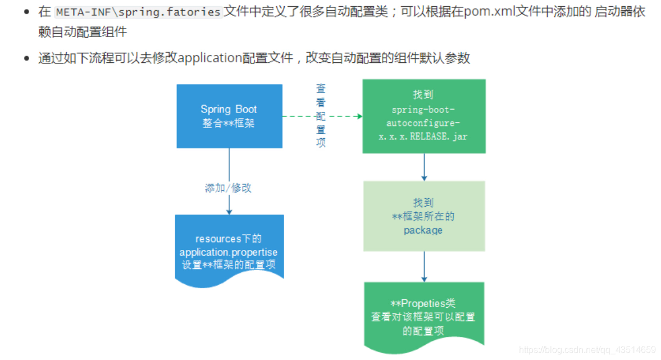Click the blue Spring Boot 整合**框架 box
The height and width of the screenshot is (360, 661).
coord(229,116)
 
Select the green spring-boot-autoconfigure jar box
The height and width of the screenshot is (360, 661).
coord(423,116)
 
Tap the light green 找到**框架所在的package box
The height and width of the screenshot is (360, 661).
coord(423,216)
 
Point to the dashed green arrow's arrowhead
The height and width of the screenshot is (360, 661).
coord(358,116)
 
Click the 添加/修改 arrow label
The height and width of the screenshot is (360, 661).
coord(229,188)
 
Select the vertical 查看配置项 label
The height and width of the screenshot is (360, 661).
coord(321,116)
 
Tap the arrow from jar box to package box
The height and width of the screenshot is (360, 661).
coord(424,167)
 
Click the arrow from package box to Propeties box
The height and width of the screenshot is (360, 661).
coord(424,266)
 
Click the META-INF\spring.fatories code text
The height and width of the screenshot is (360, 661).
coord(138,12)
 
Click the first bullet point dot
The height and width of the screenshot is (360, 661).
coord(26,12)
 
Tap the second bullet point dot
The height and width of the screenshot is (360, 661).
coord(26,58)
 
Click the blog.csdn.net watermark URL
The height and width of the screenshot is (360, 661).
coord(587,349)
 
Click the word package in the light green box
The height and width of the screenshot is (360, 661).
coord(423,230)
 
